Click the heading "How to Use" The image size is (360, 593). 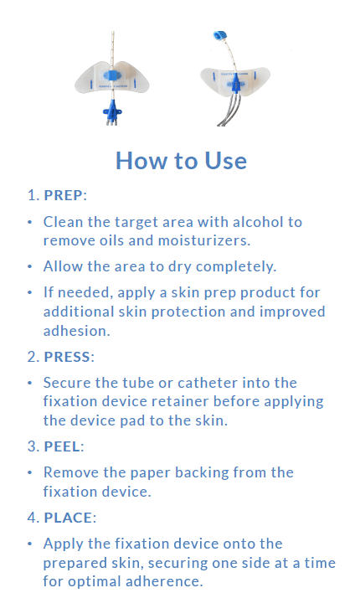181,161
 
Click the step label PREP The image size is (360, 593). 63,195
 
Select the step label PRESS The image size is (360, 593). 67,357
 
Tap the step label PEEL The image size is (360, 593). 62,446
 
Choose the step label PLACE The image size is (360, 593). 68,518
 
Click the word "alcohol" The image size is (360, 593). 258,222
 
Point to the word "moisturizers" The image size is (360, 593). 203,240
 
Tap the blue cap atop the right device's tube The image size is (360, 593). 219,36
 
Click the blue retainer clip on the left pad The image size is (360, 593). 111,75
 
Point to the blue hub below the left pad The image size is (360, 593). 112,110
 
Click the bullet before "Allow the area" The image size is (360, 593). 30,266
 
